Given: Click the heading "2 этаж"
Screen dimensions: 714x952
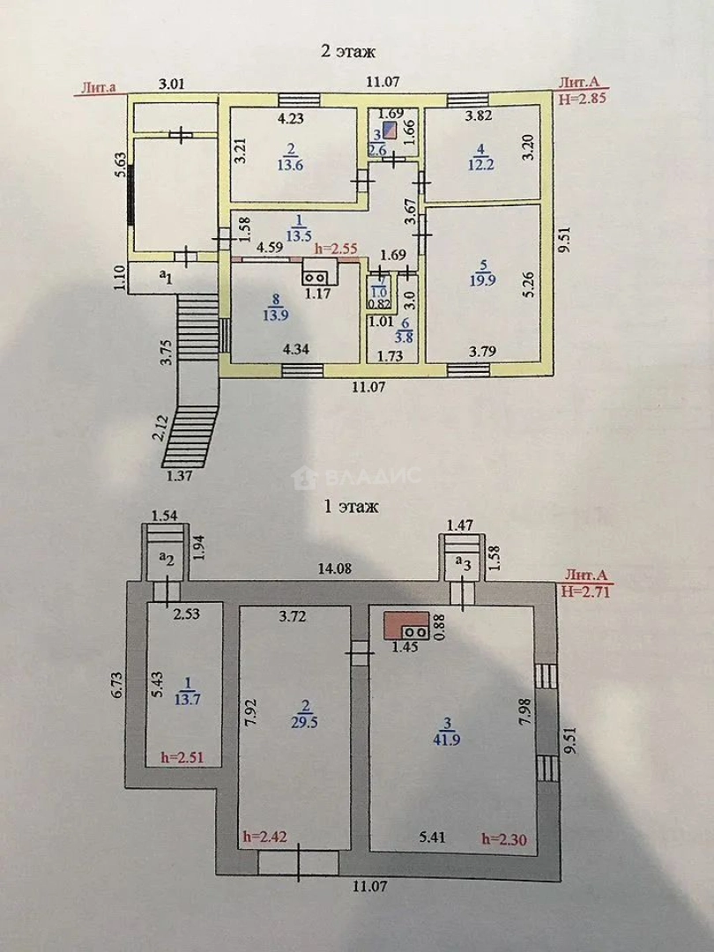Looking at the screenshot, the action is (348, 52).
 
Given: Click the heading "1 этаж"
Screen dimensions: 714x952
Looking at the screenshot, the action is (351, 506).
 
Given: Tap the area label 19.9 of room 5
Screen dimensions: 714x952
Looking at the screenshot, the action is (483, 280).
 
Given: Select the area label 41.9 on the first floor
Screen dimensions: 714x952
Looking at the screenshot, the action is (446, 740).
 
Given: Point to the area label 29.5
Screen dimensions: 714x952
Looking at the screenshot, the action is (304, 722).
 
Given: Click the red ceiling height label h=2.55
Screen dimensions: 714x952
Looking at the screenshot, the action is (336, 249).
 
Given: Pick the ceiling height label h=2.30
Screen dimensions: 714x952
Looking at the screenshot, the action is (504, 840).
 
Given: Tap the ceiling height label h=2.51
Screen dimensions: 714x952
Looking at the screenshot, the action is (183, 757).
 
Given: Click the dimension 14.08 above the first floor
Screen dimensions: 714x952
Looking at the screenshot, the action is (335, 569).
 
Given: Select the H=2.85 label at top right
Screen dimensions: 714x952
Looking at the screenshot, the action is (583, 98).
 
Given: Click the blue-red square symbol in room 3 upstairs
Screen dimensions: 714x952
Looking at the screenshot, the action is (391, 130).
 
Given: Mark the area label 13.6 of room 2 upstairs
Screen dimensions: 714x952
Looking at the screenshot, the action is (290, 165).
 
